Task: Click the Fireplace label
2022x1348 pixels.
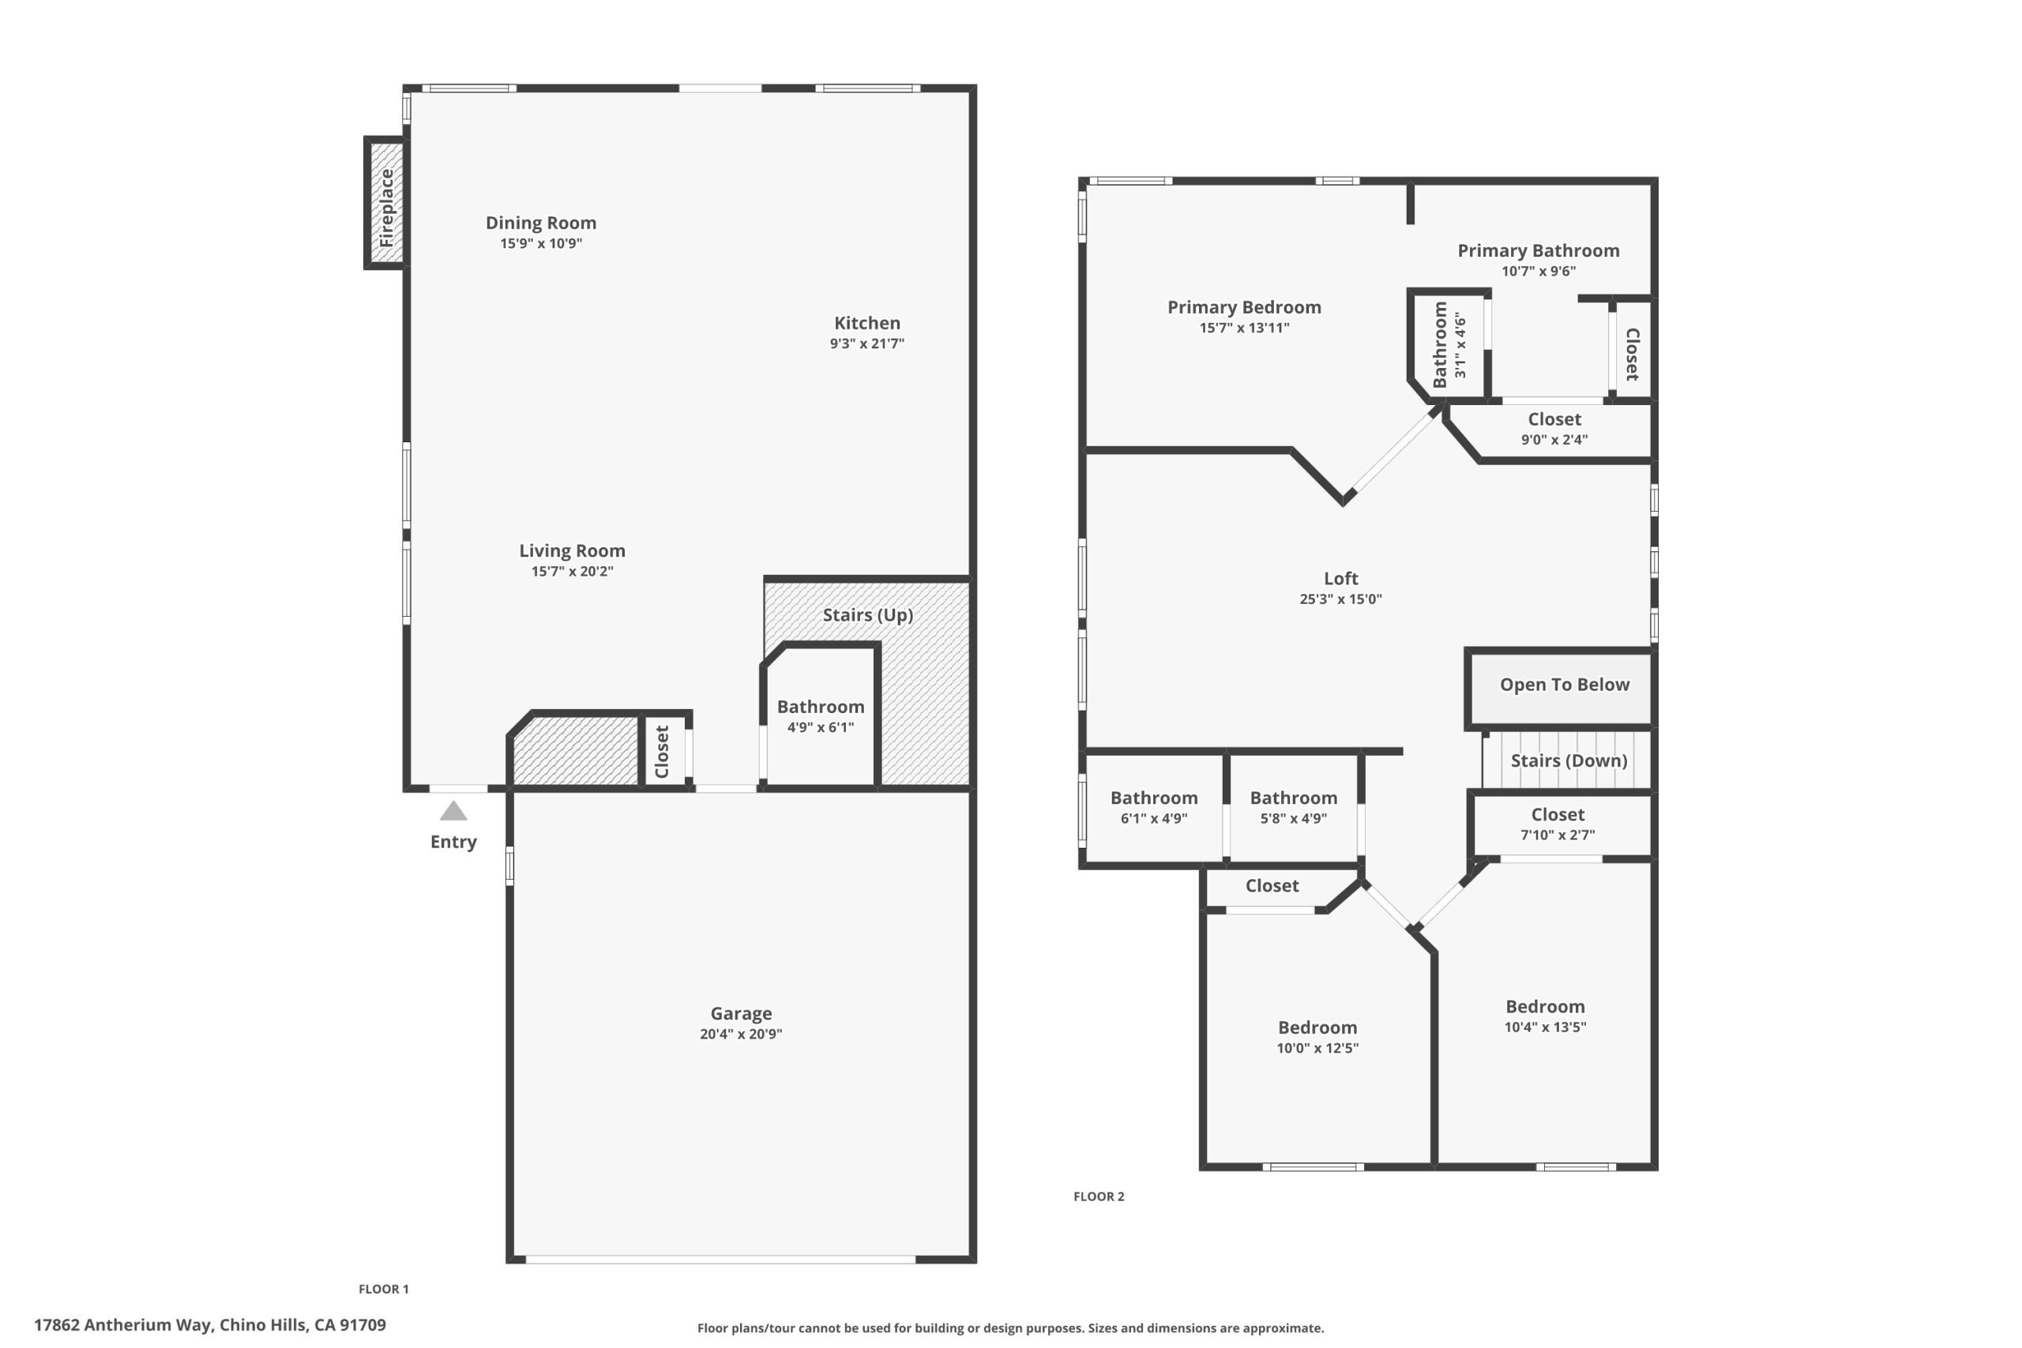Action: (386, 207)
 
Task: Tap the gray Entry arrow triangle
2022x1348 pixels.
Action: (453, 811)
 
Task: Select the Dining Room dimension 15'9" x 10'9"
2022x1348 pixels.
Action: (541, 243)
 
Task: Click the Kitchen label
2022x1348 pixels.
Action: (866, 323)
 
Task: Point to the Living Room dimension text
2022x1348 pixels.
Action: (572, 572)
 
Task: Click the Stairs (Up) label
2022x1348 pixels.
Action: (867, 614)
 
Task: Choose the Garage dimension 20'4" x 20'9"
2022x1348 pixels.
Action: (740, 1034)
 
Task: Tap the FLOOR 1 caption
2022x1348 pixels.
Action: (383, 1289)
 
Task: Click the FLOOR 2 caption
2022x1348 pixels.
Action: (1099, 1196)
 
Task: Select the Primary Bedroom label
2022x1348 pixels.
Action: (1244, 308)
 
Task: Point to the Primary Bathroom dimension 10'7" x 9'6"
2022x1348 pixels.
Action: (1538, 272)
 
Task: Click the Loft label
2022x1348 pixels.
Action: (1340, 579)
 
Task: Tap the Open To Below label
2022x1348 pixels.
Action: (1564, 685)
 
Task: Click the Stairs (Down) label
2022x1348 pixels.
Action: (1568, 760)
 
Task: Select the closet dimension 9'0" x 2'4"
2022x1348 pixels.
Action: (1554, 440)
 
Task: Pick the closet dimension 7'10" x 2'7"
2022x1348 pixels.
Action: (1557, 835)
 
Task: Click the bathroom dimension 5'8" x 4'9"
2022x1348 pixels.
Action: (1293, 818)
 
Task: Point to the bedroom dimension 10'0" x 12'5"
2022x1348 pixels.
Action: (1317, 1048)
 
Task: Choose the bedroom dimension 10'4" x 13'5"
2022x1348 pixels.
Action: (1545, 1027)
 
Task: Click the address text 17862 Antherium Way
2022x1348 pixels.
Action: (122, 1325)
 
